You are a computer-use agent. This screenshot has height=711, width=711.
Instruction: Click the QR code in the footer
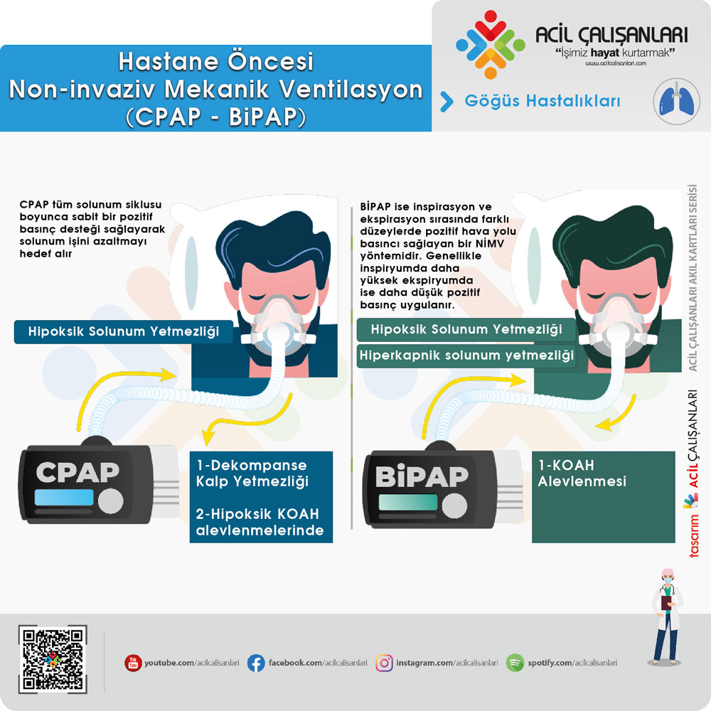click(53, 659)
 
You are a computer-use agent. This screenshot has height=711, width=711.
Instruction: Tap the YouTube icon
click(133, 663)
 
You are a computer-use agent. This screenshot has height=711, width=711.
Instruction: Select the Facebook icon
click(256, 663)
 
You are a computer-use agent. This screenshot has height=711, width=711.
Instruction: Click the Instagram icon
click(384, 663)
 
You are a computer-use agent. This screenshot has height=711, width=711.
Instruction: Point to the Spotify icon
click(515, 663)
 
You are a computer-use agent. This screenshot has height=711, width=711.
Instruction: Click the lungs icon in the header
click(676, 102)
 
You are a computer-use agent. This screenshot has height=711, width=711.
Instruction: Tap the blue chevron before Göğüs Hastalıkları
click(447, 101)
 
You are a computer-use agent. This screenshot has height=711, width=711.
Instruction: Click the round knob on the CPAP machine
click(111, 501)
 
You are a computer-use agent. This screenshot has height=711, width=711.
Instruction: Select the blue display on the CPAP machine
click(64, 498)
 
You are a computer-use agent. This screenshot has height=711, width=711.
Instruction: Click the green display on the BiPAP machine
click(407, 502)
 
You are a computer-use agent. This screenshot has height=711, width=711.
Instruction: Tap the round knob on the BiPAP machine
click(454, 506)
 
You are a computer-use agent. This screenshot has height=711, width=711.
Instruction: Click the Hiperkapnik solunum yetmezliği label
click(466, 355)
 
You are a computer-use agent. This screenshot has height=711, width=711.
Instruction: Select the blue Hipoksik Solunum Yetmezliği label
click(123, 331)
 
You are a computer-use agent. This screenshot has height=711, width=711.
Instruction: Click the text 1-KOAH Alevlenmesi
click(582, 473)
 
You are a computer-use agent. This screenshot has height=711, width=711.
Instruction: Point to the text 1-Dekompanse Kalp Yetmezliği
click(252, 473)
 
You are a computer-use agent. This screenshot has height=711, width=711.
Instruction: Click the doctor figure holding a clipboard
click(667, 617)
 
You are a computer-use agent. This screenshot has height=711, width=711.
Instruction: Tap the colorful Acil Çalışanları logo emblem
click(490, 44)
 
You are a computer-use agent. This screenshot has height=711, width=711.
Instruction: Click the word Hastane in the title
click(170, 62)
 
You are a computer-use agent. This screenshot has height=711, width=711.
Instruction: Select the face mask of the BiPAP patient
click(617, 327)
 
